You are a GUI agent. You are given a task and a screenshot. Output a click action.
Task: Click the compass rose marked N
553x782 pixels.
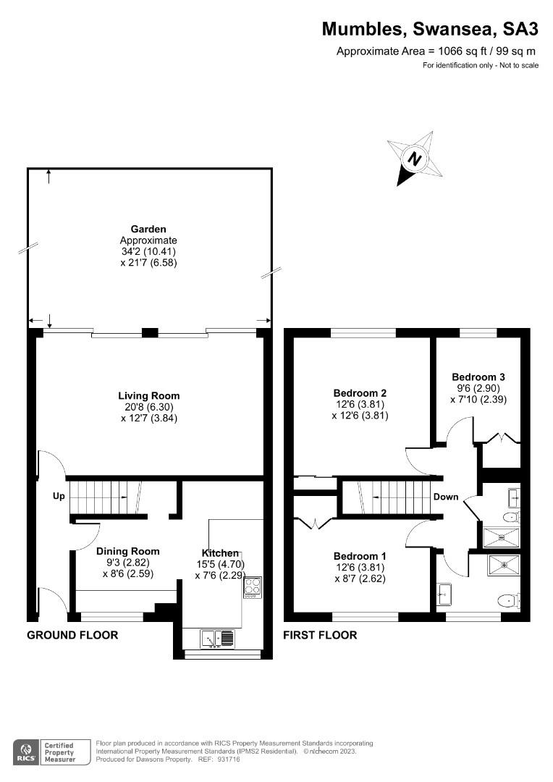[x=414, y=158]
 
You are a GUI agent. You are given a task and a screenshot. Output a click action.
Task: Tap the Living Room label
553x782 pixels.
[x=148, y=396]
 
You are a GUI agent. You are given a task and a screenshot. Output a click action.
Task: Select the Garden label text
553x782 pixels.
[x=148, y=229]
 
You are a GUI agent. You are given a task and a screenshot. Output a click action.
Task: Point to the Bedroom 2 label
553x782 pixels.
[x=355, y=393]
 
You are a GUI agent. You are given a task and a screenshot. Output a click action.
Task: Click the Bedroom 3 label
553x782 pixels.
[x=478, y=377]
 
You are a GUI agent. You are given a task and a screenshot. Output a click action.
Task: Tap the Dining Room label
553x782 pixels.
[x=128, y=551]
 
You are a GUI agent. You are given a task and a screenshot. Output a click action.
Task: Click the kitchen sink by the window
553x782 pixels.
[x=218, y=638]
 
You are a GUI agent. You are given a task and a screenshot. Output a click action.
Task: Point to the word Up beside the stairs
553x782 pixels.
[x=58, y=497]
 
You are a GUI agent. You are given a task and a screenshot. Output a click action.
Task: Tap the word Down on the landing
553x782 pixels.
[x=446, y=497]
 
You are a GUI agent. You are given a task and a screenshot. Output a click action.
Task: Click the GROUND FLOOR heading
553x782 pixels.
[x=72, y=635]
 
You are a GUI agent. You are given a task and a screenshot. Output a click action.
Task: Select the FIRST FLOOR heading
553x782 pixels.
[x=320, y=635]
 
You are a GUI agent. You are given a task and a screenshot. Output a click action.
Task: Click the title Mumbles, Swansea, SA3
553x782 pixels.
[x=430, y=29]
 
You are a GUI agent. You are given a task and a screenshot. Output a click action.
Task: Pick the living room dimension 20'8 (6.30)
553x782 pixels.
[x=148, y=407]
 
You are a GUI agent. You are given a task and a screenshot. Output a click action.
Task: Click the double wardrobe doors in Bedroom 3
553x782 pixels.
[x=501, y=438]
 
